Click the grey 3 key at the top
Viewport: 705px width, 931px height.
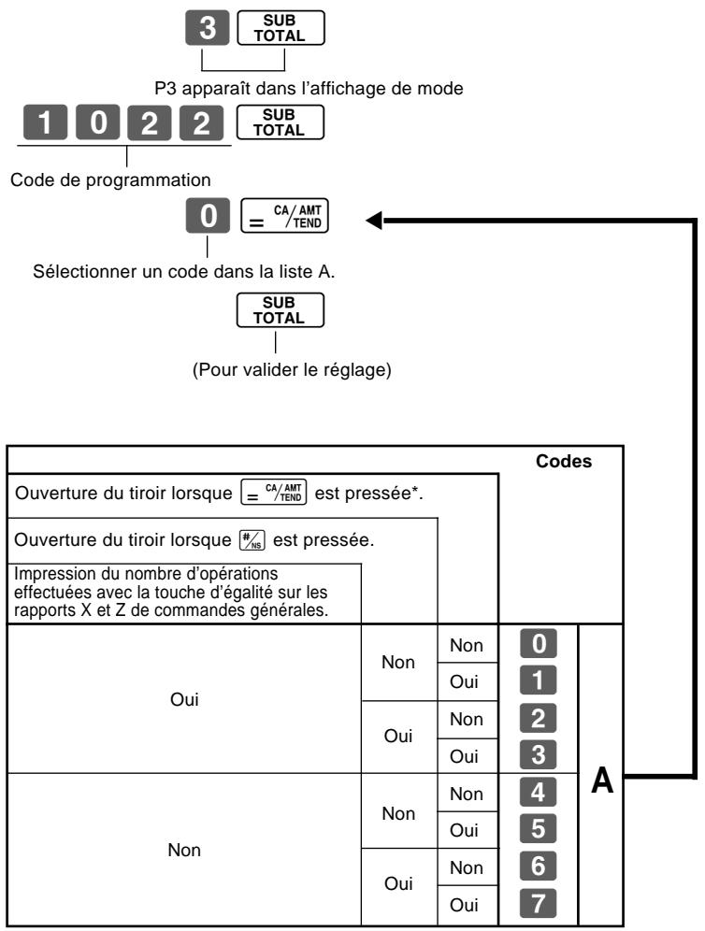208,27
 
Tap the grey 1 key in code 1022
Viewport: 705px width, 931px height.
45,122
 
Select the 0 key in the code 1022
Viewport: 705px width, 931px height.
97,122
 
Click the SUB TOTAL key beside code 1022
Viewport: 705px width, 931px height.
281,122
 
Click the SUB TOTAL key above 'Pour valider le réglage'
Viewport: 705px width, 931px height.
281,310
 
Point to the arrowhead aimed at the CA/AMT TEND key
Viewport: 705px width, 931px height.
374,221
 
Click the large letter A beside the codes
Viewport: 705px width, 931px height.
601,781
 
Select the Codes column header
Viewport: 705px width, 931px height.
564,462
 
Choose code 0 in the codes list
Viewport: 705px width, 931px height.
539,644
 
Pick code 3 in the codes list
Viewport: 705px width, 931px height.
539,755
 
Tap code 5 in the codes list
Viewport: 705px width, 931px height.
539,829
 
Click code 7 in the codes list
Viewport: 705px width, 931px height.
539,903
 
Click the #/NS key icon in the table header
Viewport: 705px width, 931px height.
252,540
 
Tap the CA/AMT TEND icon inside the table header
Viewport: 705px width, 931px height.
274,493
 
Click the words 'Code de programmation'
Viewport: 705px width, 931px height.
110,179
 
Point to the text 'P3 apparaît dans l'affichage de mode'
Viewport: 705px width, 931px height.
309,89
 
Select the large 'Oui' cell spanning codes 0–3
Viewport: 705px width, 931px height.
184,699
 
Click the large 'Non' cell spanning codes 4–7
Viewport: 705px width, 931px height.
184,851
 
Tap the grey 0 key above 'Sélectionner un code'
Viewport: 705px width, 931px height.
208,216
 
